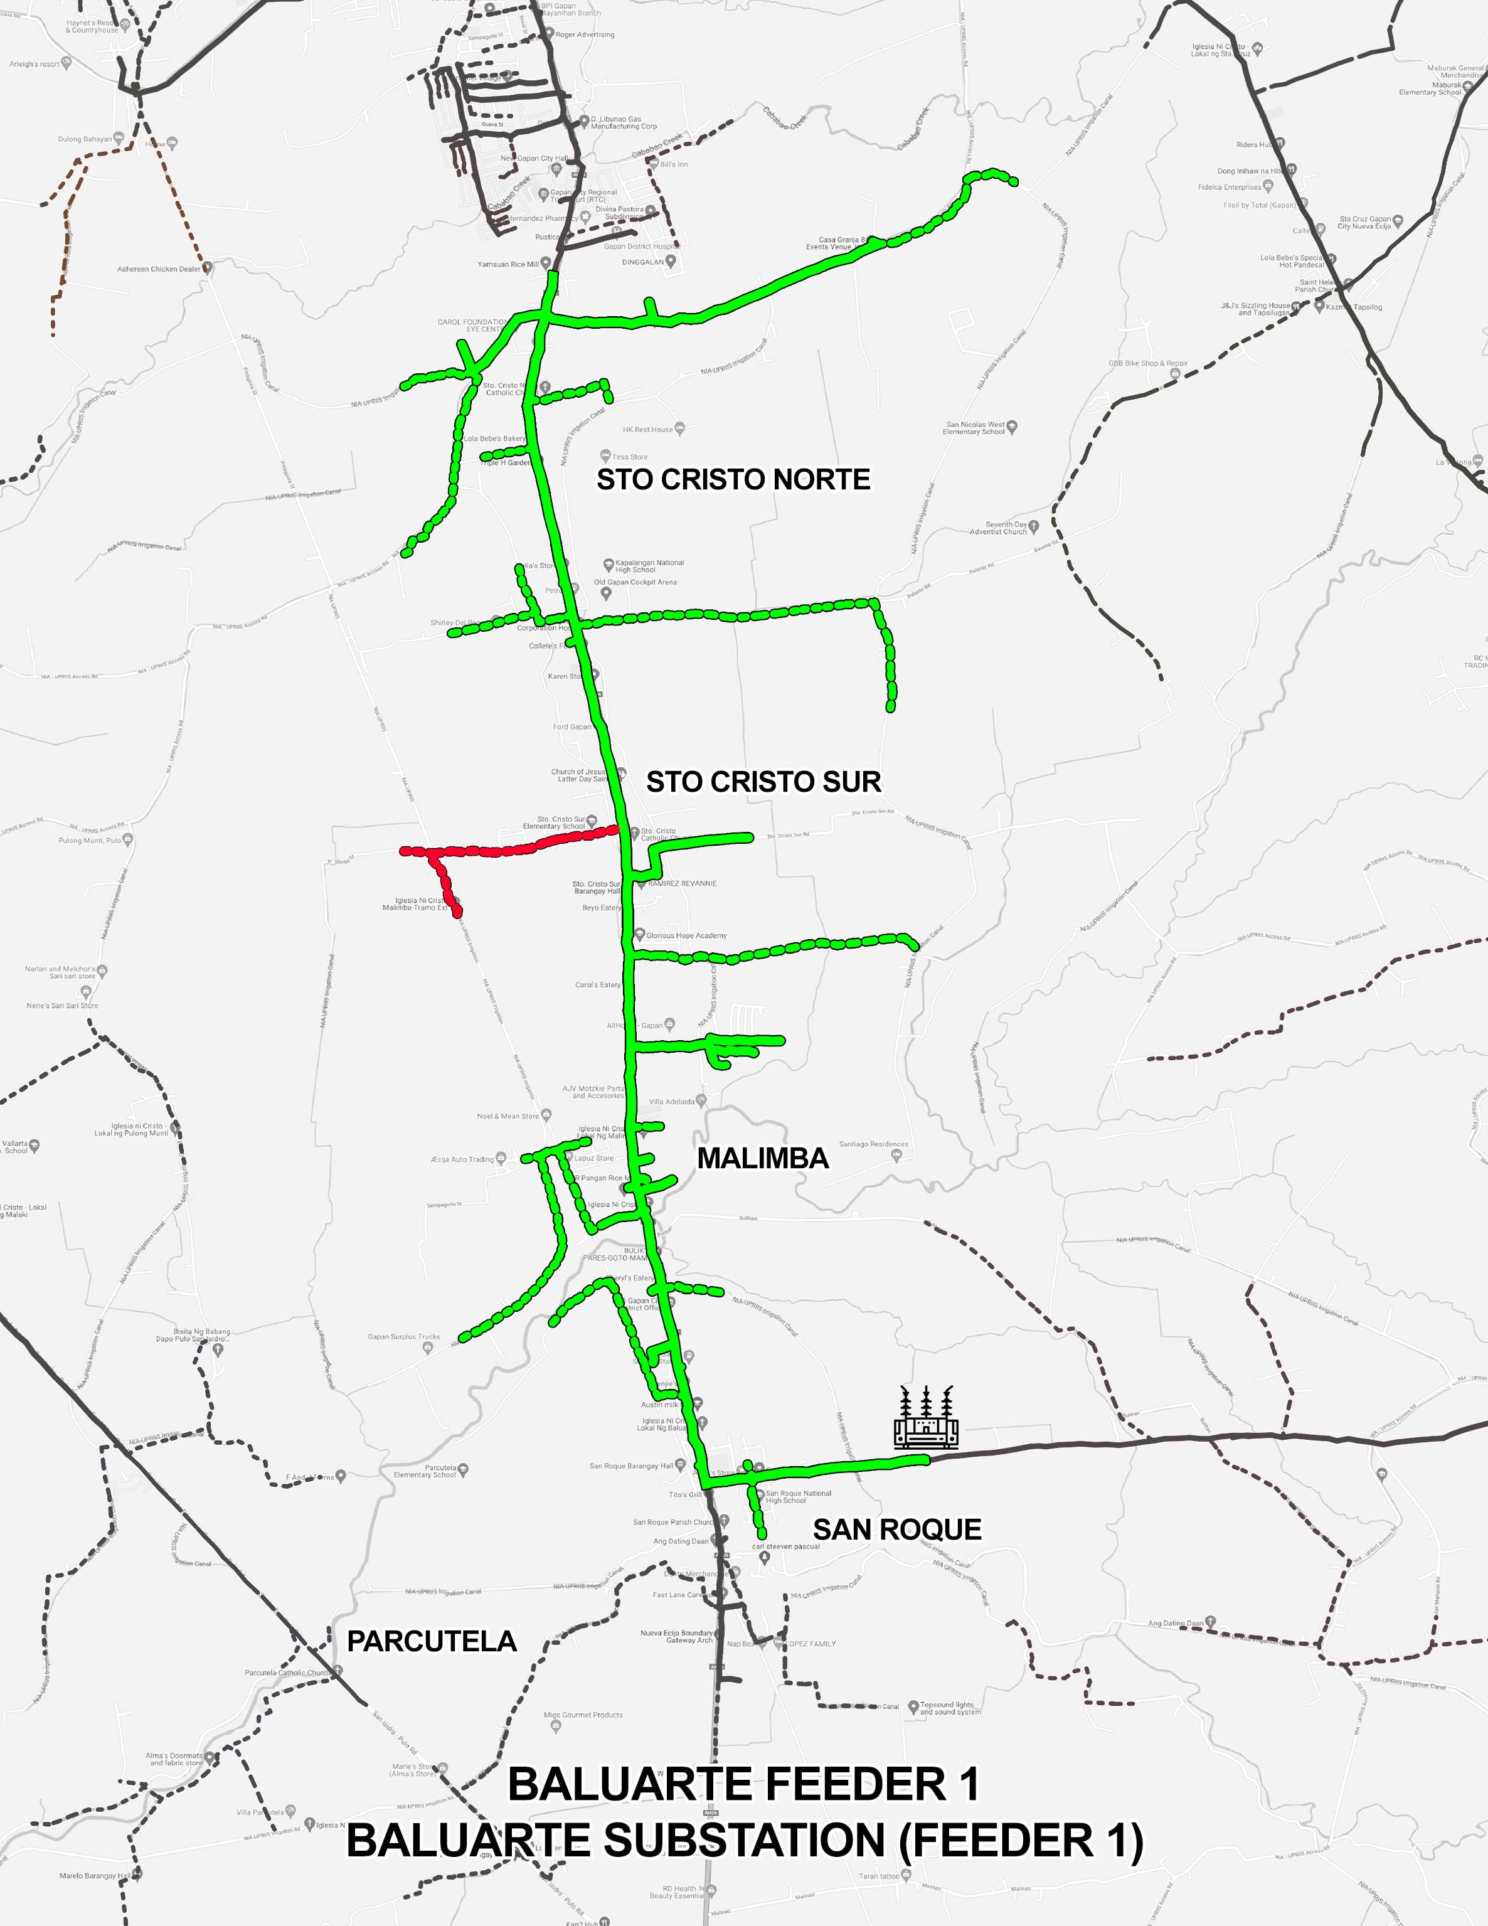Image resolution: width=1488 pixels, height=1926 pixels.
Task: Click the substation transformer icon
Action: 925,1417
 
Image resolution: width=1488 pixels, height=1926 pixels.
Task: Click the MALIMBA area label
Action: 763,1158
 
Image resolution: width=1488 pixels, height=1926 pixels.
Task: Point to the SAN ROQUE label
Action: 897,1529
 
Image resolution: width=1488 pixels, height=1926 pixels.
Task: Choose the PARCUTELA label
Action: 432,1641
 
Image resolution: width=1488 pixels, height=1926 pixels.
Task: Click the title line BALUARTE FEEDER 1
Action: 743,1784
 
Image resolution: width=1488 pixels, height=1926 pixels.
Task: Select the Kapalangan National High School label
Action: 649,565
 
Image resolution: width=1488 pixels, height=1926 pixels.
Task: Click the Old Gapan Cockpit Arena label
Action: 635,582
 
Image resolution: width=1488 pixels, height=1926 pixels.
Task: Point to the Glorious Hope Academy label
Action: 686,935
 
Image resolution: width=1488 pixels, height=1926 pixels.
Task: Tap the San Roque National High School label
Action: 797,1496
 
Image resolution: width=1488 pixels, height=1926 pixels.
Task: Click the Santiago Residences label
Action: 873,1144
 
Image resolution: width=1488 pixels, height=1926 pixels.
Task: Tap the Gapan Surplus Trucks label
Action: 403,1337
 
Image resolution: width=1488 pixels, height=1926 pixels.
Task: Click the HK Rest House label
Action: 647,430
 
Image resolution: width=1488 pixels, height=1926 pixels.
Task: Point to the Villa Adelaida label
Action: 672,1102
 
